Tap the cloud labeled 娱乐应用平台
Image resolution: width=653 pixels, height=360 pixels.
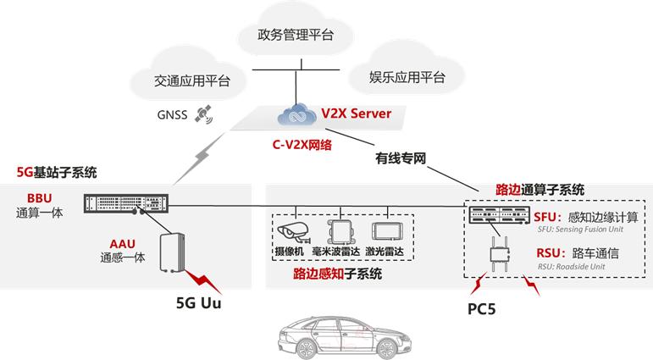point(407,78)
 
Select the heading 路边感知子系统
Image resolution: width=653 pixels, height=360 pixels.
point(337,274)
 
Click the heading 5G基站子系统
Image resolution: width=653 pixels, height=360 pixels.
point(57,173)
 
